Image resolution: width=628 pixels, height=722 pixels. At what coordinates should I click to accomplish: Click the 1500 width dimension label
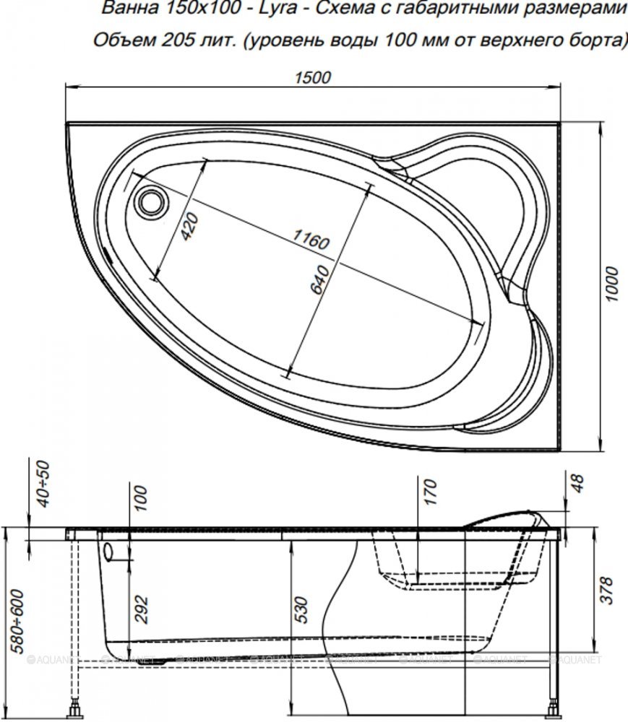click(x=312, y=77)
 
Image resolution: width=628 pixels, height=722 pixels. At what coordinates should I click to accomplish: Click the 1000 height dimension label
click(x=611, y=284)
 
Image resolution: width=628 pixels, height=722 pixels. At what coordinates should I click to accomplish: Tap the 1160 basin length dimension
click(x=311, y=240)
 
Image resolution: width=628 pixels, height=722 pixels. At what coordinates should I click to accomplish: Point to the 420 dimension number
click(x=189, y=226)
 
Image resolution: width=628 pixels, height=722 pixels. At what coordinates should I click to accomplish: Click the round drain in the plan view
click(x=151, y=202)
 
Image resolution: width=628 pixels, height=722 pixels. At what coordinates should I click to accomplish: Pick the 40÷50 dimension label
click(x=43, y=484)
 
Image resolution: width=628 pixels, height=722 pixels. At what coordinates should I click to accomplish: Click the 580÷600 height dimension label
click(x=17, y=621)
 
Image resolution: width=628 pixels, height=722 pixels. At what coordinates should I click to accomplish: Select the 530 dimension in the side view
click(x=301, y=609)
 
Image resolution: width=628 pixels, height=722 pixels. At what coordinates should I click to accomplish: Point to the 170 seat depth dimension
click(x=429, y=492)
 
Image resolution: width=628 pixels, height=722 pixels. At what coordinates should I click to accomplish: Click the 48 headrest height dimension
click(x=577, y=484)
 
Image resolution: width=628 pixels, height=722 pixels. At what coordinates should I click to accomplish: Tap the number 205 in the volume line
click(x=175, y=40)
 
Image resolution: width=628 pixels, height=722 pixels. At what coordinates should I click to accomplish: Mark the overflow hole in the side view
click(x=110, y=552)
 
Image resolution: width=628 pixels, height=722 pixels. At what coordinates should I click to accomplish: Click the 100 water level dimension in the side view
click(x=141, y=497)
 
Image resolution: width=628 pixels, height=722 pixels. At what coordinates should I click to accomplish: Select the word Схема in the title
click(x=343, y=8)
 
